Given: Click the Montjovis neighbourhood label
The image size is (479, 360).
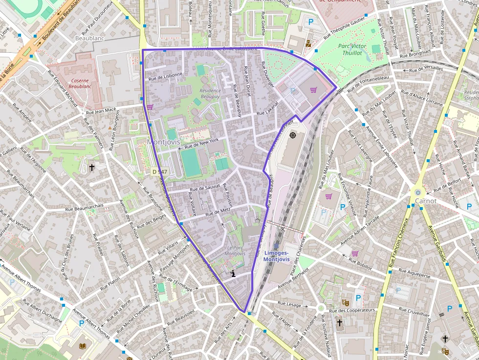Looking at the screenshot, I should click(163, 142).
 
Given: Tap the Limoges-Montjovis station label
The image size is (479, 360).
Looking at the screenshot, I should click(277, 255).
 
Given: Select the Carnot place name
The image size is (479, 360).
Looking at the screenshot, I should click(425, 201).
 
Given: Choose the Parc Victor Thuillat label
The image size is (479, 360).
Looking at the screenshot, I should click(352, 49).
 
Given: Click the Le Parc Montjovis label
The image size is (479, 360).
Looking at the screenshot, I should click(237, 251).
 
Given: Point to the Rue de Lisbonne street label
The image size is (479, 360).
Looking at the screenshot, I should click(165, 76).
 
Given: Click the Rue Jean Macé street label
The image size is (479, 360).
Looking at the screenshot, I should click(101, 111).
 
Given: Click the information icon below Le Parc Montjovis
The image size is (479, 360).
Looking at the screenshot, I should click(234, 274).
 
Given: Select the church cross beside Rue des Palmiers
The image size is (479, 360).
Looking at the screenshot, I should click(91, 168).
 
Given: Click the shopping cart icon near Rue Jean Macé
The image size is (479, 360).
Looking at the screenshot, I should click(150, 107).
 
